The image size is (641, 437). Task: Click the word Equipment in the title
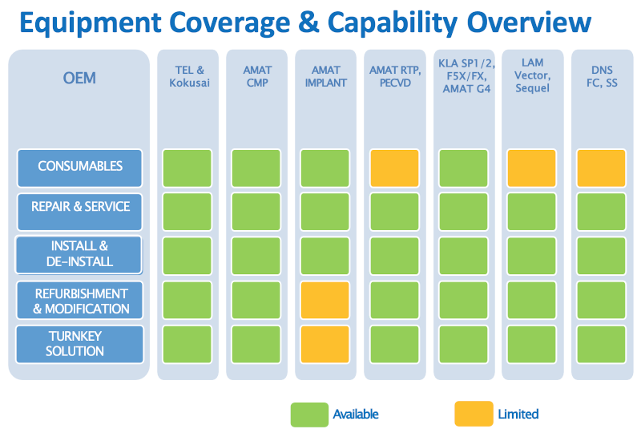pyautogui.click(x=91, y=23)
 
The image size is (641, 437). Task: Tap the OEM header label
pyautogui.click(x=79, y=78)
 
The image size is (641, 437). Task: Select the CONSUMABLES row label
pyautogui.click(x=79, y=168)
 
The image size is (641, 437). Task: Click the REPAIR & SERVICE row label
pyautogui.click(x=79, y=212)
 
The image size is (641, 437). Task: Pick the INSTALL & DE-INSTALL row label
pyautogui.click(x=79, y=254)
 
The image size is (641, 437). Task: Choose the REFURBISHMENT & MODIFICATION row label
pyautogui.click(x=80, y=301)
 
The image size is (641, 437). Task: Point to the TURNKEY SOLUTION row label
pyautogui.click(x=79, y=344)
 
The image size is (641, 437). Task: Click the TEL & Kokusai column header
pyautogui.click(x=189, y=76)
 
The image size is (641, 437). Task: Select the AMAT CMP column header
pyautogui.click(x=257, y=76)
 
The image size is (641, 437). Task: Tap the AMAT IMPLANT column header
pyautogui.click(x=326, y=76)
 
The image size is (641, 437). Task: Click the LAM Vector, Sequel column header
pyautogui.click(x=532, y=75)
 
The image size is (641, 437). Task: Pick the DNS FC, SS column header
pyautogui.click(x=602, y=76)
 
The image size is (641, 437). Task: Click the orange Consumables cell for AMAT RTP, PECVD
pyautogui.click(x=394, y=168)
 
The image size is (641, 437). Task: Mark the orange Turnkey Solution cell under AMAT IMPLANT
pyautogui.click(x=325, y=345)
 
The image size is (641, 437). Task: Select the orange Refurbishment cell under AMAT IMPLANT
pyautogui.click(x=325, y=301)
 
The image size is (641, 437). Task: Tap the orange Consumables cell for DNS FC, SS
pyautogui.click(x=601, y=168)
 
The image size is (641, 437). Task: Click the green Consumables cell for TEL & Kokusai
pyautogui.click(x=187, y=168)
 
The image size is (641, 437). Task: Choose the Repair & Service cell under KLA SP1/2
pyautogui.click(x=464, y=212)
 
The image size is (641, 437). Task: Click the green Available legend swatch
pyautogui.click(x=309, y=415)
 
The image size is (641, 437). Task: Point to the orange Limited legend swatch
pyautogui.click(x=474, y=414)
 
